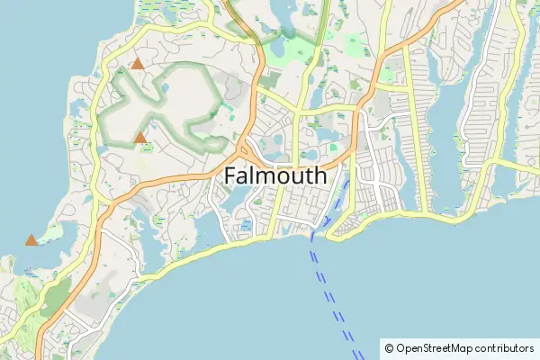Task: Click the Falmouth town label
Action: [x=274, y=175]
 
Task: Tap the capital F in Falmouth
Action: [x=229, y=175]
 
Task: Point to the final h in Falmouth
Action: [x=319, y=175]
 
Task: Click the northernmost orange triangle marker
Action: [x=137, y=64]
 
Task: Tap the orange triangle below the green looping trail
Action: [x=140, y=138]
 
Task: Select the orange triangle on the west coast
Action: [x=31, y=240]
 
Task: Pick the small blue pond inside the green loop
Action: [x=144, y=126]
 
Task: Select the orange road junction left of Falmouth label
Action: [x=244, y=148]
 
